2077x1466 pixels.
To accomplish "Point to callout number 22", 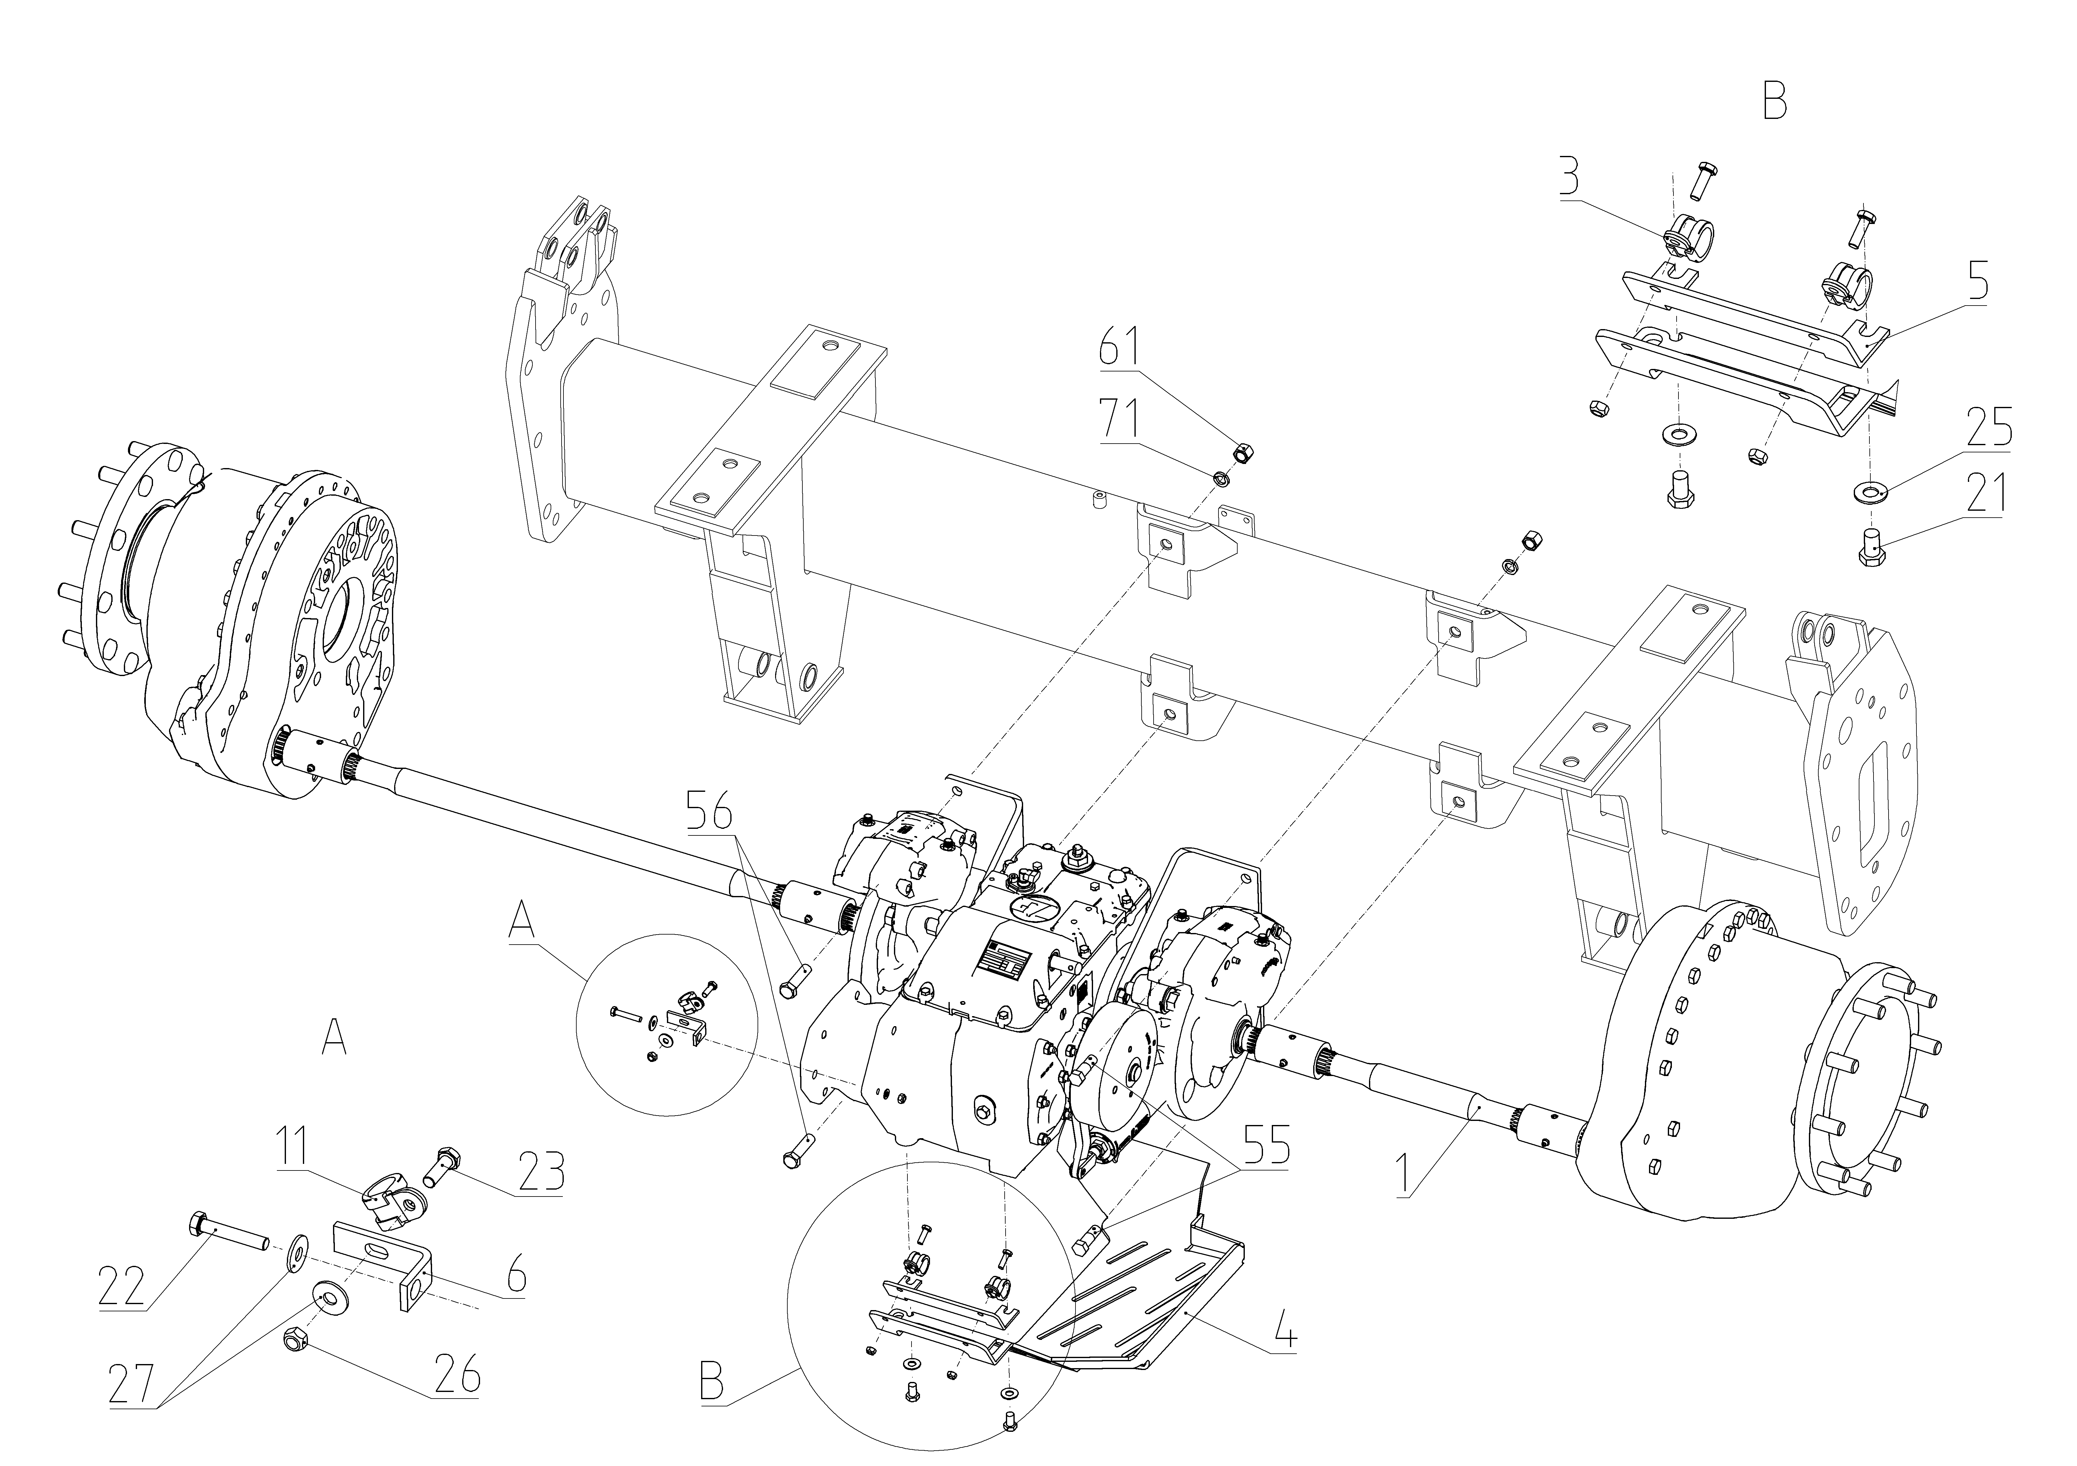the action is coord(122,1286).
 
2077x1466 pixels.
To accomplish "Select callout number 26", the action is coord(456,1376).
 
